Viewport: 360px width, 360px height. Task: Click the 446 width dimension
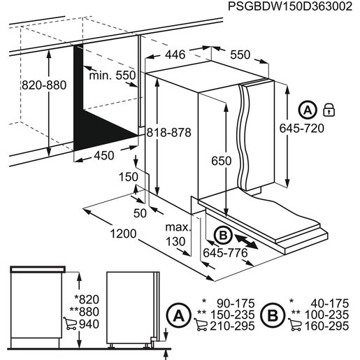click(x=174, y=55)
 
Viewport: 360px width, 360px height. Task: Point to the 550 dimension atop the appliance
click(x=239, y=55)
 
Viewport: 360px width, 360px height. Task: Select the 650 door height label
click(x=221, y=161)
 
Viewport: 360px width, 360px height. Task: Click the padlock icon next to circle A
click(x=329, y=109)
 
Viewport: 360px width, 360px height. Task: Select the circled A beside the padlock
click(x=308, y=109)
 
